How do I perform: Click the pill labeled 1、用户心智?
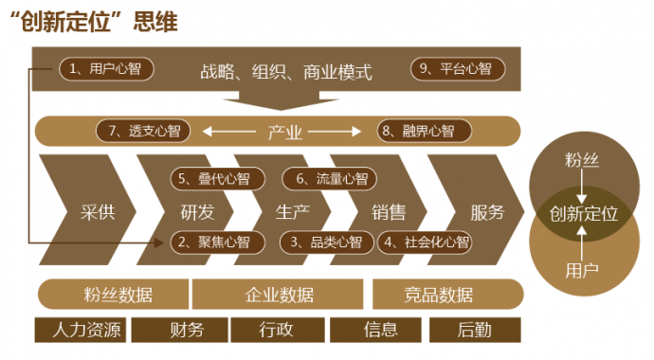point(106,68)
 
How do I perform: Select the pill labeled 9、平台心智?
point(459,68)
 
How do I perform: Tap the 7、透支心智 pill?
point(144,131)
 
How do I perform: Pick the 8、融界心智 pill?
point(417,131)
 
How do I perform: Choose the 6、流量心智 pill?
point(326,178)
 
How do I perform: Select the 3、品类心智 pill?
point(326,242)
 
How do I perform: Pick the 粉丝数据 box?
point(113,294)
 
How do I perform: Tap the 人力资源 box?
point(81,330)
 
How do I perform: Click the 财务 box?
point(180,330)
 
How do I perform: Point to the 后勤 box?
point(474,330)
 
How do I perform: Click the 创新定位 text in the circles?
point(584,212)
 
